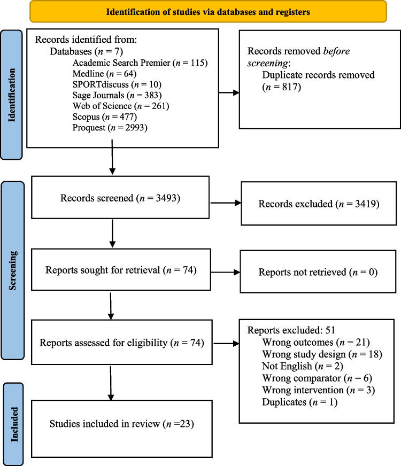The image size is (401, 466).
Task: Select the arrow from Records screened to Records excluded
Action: click(x=227, y=203)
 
